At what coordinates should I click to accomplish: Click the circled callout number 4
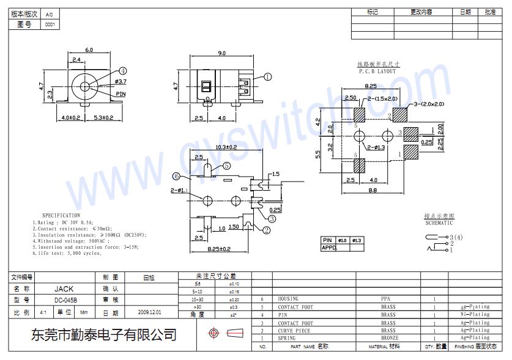(x=123, y=71)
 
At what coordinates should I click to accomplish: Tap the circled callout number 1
(x=267, y=77)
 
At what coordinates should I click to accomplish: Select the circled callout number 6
(x=176, y=176)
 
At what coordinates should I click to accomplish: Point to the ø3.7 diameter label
(x=120, y=81)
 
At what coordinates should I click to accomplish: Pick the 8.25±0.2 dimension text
(x=218, y=249)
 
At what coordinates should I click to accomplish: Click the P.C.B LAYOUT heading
(x=377, y=72)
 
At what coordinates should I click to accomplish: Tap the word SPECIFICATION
(x=61, y=215)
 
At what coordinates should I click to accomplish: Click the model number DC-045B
(x=65, y=300)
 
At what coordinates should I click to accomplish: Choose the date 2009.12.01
(x=150, y=312)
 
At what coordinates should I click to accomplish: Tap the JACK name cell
(x=64, y=288)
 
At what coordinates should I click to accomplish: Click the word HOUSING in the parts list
(x=288, y=299)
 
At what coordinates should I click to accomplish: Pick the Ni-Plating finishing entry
(x=475, y=315)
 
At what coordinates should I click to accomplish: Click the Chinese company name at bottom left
(x=104, y=334)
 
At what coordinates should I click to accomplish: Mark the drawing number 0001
(x=50, y=24)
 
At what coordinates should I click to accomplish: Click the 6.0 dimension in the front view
(x=89, y=50)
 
